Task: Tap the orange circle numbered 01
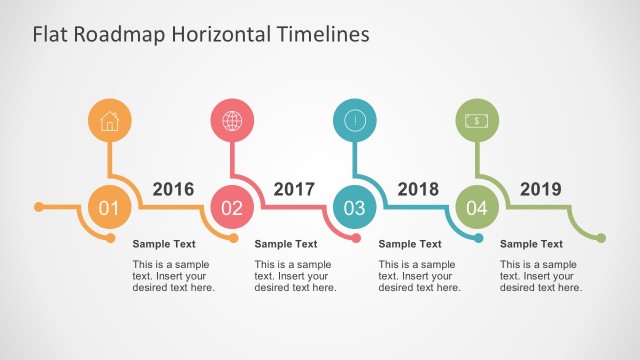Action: click(x=109, y=208)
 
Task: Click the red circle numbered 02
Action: click(x=232, y=208)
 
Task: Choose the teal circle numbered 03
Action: click(x=355, y=208)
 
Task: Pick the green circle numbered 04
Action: click(x=477, y=208)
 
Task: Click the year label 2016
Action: click(x=173, y=189)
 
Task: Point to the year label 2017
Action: click(x=294, y=189)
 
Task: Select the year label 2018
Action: click(x=418, y=189)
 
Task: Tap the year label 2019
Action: click(x=540, y=189)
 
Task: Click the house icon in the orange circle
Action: click(x=110, y=121)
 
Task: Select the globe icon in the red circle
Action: click(x=232, y=121)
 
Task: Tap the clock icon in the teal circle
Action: click(x=355, y=121)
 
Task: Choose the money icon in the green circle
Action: click(x=477, y=121)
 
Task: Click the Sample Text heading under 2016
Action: click(x=164, y=243)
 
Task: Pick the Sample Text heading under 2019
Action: click(x=531, y=243)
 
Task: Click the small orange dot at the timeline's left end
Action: click(x=39, y=208)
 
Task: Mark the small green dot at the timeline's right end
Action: click(x=601, y=238)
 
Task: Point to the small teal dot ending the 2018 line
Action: click(x=479, y=238)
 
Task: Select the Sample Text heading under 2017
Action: click(x=286, y=243)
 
